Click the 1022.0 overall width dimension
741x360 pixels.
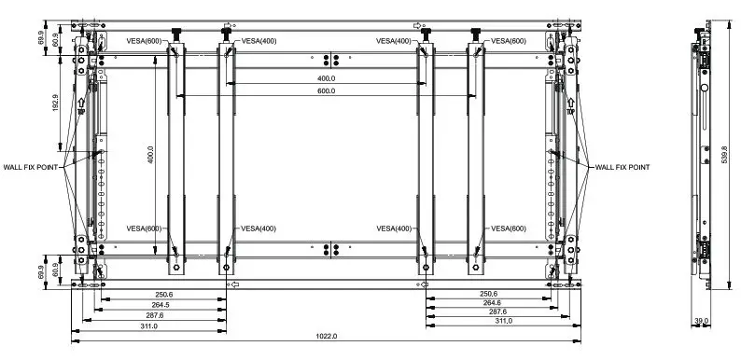click(327, 336)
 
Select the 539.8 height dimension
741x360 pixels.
click(724, 153)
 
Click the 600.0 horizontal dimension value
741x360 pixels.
click(326, 91)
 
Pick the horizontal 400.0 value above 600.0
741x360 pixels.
click(326, 78)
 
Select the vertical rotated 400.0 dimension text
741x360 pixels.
click(150, 154)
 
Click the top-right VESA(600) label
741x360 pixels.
click(506, 41)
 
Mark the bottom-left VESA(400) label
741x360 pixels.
click(259, 228)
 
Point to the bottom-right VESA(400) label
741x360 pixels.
click(394, 228)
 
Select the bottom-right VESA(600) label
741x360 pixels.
click(506, 228)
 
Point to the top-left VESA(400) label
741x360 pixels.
click(259, 41)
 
